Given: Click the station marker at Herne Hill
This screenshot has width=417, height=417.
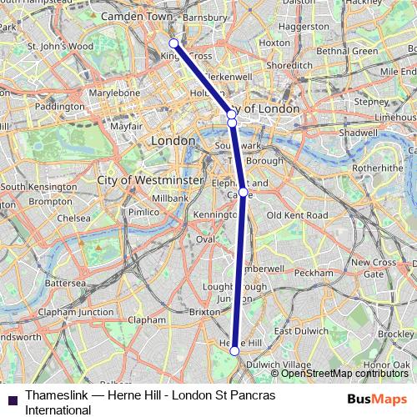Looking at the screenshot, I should click(234, 351).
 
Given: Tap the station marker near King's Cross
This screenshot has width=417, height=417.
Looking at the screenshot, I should click(173, 43).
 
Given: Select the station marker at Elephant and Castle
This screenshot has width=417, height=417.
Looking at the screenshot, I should click(243, 192).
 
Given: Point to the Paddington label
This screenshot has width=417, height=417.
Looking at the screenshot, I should click(59, 107).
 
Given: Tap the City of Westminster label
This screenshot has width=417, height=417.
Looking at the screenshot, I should click(150, 180).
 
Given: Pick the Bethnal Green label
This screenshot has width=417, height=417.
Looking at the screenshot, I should click(348, 51).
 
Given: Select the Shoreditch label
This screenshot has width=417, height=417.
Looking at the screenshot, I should click(290, 64).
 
